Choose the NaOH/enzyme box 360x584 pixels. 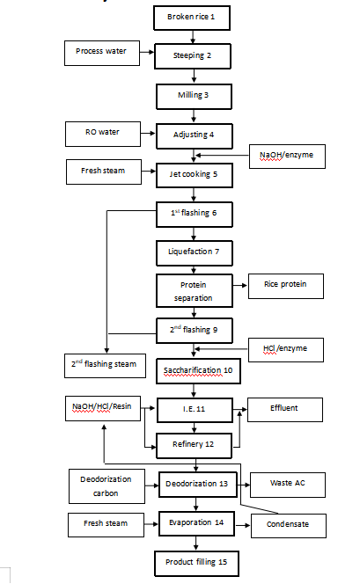tap(290, 156)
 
